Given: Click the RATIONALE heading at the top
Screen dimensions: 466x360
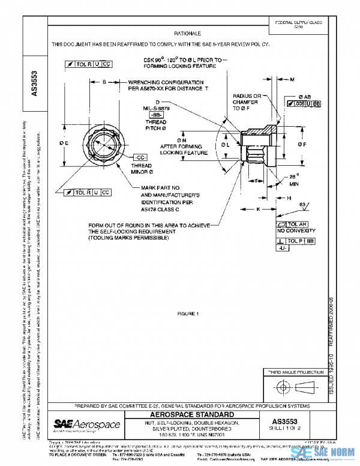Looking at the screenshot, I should [x=187, y=34].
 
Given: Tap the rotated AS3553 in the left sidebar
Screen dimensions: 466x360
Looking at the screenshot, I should [x=34, y=85].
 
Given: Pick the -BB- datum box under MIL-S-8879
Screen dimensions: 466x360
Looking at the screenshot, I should [x=156, y=114].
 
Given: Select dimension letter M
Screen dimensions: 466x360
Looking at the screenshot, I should [x=292, y=79].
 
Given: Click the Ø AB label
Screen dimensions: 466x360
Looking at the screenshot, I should [x=304, y=97].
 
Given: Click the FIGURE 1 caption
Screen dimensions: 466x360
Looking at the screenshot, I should [x=188, y=313].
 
